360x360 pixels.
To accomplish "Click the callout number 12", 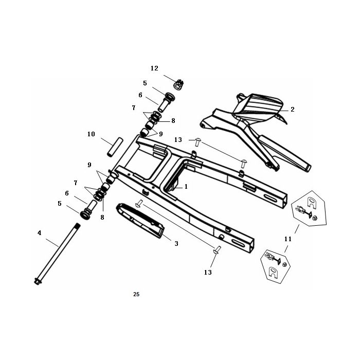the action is coord(154,68).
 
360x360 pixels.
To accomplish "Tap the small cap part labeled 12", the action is coord(179,84).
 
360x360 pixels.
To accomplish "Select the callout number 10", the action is coord(91,134).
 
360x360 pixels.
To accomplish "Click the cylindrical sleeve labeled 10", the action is coord(115,147).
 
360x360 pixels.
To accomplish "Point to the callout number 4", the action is coord(40,233).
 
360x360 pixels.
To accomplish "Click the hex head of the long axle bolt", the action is coord(37,281).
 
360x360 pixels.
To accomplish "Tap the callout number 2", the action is coord(292,109).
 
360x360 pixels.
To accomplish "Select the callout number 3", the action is coord(176,244).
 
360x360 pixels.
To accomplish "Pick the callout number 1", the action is coord(186,187).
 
